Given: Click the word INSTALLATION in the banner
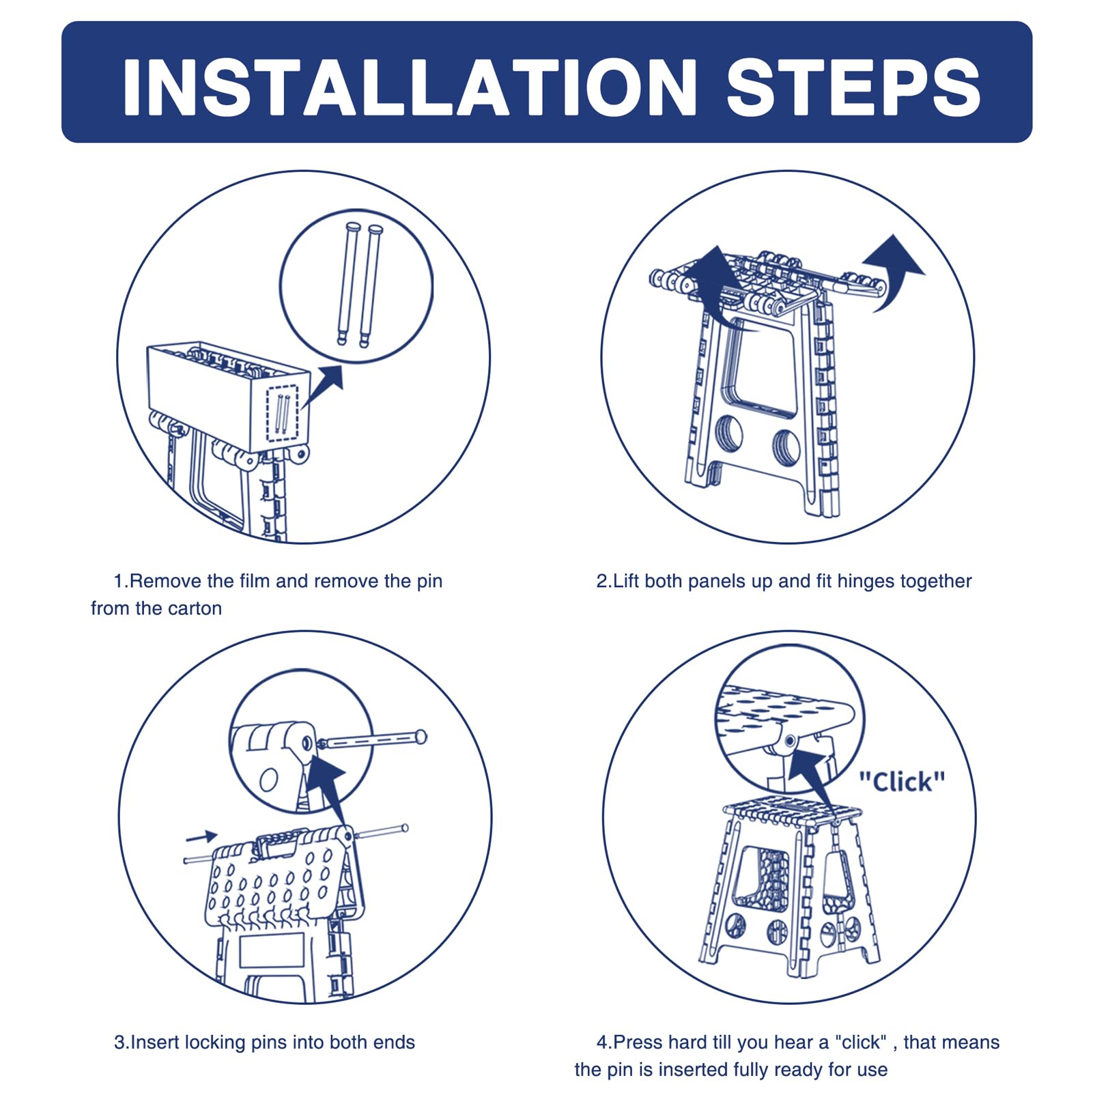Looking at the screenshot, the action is click(x=410, y=87).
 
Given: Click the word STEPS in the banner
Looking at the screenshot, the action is click(x=853, y=87).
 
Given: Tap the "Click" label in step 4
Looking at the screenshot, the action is click(x=902, y=782).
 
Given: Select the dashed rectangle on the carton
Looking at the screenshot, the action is click(x=283, y=414).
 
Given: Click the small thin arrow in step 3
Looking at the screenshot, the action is click(x=201, y=836).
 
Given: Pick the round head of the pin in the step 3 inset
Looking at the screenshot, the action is click(x=421, y=736).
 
